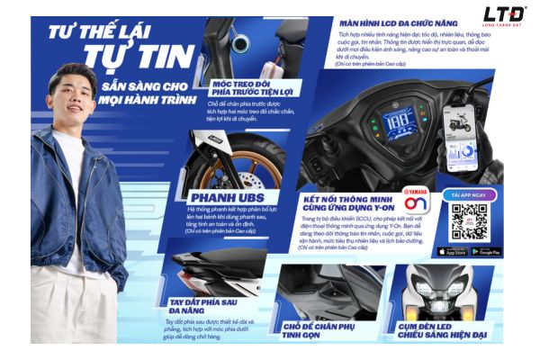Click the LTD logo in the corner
[x=504, y=15]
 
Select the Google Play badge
[x=486, y=251]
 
